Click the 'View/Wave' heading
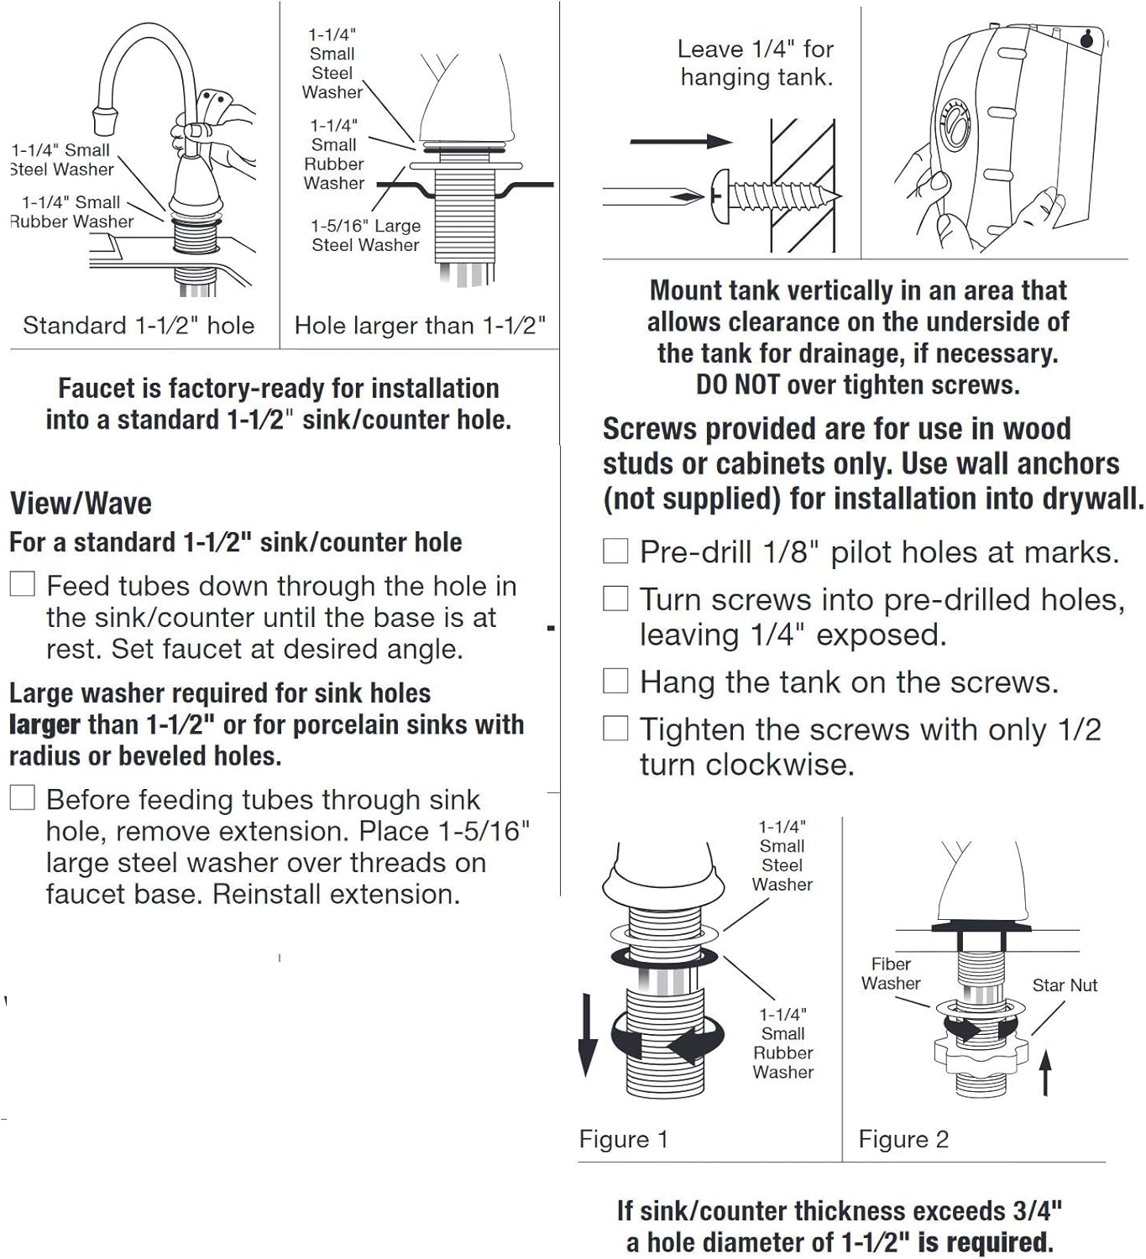click(81, 504)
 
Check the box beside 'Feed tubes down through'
click(23, 584)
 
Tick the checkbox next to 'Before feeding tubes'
click(23, 797)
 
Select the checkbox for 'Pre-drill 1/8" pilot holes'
click(615, 551)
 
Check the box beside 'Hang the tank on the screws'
click(615, 681)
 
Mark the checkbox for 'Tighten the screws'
click(615, 729)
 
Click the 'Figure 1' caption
click(624, 1139)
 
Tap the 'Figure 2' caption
click(903, 1139)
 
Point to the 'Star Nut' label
click(1065, 985)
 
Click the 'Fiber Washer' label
click(891, 974)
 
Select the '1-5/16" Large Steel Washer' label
click(365, 236)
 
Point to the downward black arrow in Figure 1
click(588, 1037)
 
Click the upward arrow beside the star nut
click(1045, 1074)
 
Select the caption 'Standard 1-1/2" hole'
click(139, 326)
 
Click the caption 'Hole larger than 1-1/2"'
click(420, 326)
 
